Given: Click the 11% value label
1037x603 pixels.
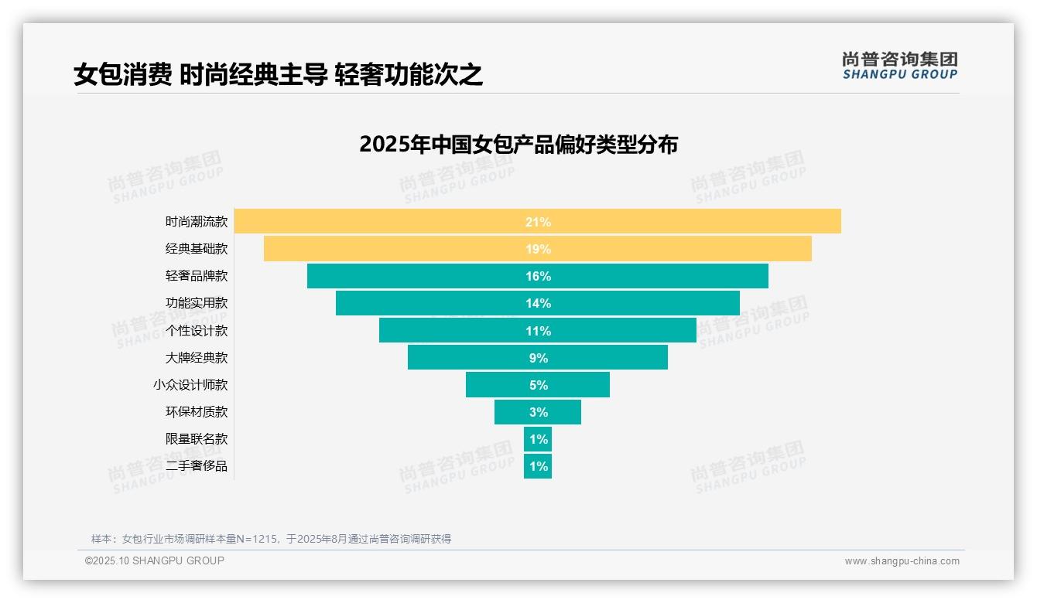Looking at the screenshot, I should [x=538, y=331].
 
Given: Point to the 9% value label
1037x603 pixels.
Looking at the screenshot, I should [x=538, y=358].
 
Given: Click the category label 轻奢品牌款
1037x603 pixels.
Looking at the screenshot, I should [x=197, y=276].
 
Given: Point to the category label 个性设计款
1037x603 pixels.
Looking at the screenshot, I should [x=197, y=331].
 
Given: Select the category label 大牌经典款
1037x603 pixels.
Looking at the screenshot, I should [x=197, y=358].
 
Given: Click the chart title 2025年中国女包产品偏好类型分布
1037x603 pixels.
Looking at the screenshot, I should [x=518, y=145].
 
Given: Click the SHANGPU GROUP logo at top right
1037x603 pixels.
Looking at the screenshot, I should [x=899, y=66].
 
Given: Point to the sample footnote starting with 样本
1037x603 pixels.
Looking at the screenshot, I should [x=271, y=539].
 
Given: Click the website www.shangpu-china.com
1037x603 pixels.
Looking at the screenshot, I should [x=902, y=561].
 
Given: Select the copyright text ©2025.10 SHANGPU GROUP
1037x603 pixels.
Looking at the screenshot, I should [x=155, y=560].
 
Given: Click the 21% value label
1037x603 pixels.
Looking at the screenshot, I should [x=538, y=222].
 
